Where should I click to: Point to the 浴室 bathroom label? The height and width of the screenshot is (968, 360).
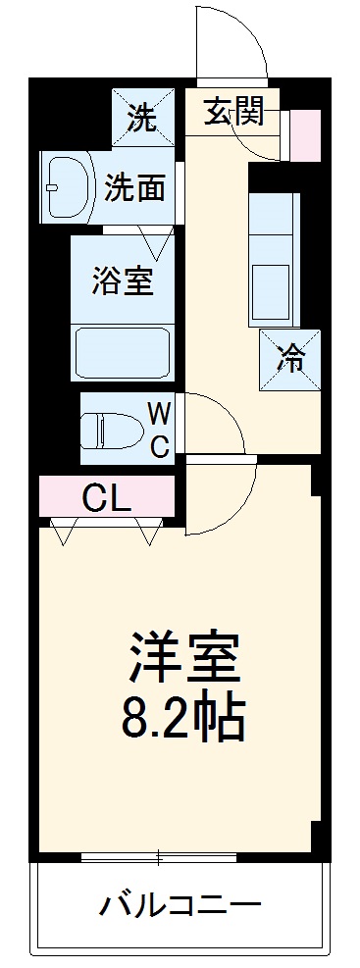click(123, 280)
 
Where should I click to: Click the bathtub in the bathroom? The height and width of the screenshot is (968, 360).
click(123, 349)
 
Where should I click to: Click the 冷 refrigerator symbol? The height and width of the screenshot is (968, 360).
click(290, 359)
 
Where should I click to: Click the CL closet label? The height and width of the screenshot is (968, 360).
click(106, 499)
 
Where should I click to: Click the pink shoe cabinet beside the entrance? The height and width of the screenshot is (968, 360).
click(305, 135)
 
